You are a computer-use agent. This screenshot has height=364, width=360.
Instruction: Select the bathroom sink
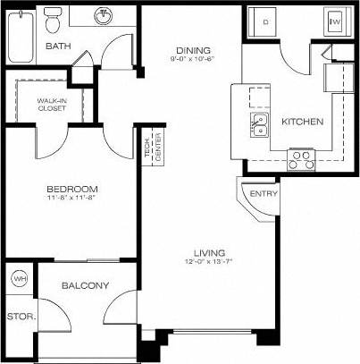click(105, 15)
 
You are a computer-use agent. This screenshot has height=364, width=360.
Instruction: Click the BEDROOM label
click(72, 190)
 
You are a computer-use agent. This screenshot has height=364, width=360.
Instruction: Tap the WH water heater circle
click(20, 279)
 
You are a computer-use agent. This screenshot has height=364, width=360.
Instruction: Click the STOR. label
click(18, 316)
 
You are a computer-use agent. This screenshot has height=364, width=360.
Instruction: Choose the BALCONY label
click(85, 286)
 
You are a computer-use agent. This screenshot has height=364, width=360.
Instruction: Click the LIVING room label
click(208, 253)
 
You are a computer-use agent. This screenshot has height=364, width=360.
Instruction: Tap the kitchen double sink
click(261, 124)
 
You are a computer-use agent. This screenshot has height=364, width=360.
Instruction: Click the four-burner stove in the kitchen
click(301, 159)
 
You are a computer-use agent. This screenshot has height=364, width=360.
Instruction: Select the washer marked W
click(336, 21)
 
